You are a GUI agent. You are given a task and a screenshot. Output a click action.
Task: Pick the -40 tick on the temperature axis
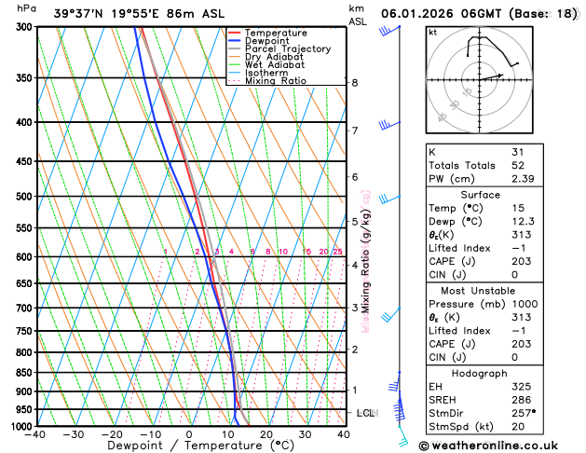(x=35, y=434)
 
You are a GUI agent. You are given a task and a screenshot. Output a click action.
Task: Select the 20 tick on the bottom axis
(x=266, y=434)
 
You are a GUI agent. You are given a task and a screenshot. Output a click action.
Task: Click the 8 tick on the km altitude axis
(x=355, y=83)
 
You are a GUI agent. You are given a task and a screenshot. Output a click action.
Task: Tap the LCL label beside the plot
(x=366, y=412)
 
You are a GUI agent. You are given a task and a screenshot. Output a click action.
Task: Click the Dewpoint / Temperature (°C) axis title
(x=189, y=446)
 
